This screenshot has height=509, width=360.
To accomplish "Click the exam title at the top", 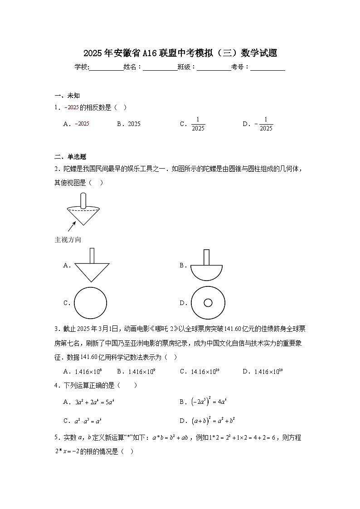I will [x=180, y=53].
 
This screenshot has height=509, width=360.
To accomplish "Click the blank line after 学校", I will [x=107, y=68].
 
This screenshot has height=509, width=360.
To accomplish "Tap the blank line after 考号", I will [x=268, y=68].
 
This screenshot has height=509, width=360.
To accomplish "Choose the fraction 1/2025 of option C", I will [x=198, y=124].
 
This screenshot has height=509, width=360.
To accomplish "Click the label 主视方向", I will [x=68, y=240].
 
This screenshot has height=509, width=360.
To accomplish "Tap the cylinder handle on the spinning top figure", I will [x=83, y=200].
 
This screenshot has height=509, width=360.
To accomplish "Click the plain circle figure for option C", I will [x=90, y=303].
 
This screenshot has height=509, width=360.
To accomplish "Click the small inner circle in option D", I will [x=208, y=303].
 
